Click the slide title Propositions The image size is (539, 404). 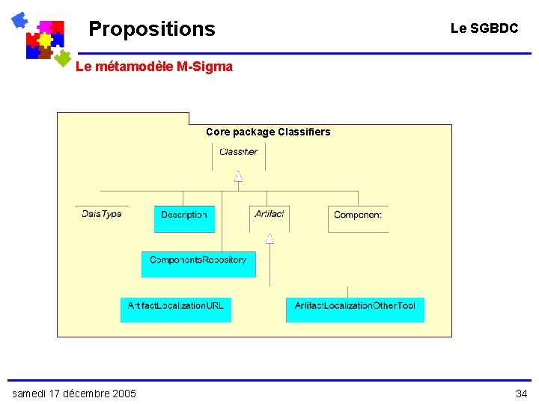point(151,29)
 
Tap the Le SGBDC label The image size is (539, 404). point(484,28)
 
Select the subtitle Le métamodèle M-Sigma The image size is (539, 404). point(154,67)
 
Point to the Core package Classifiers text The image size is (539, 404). point(268,132)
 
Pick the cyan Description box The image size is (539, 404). point(184,218)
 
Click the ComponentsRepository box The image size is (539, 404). point(198,263)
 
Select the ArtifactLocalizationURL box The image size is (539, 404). point(176,309)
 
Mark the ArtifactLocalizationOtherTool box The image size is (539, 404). point(355,309)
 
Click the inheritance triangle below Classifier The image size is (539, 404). point(239,177)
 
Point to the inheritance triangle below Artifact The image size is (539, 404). point(269,239)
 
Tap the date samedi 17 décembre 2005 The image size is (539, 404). point(74,394)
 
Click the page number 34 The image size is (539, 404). point(521,394)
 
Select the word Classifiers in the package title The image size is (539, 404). point(304,132)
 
